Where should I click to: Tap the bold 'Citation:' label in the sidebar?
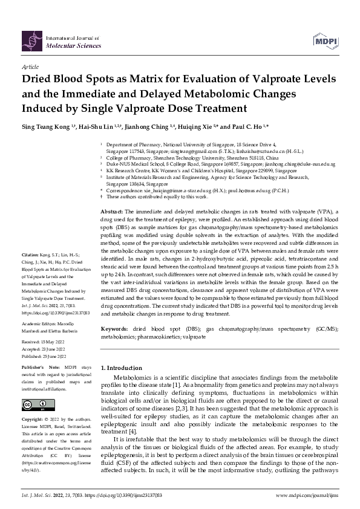pyautogui.click(x=31, y=273)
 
